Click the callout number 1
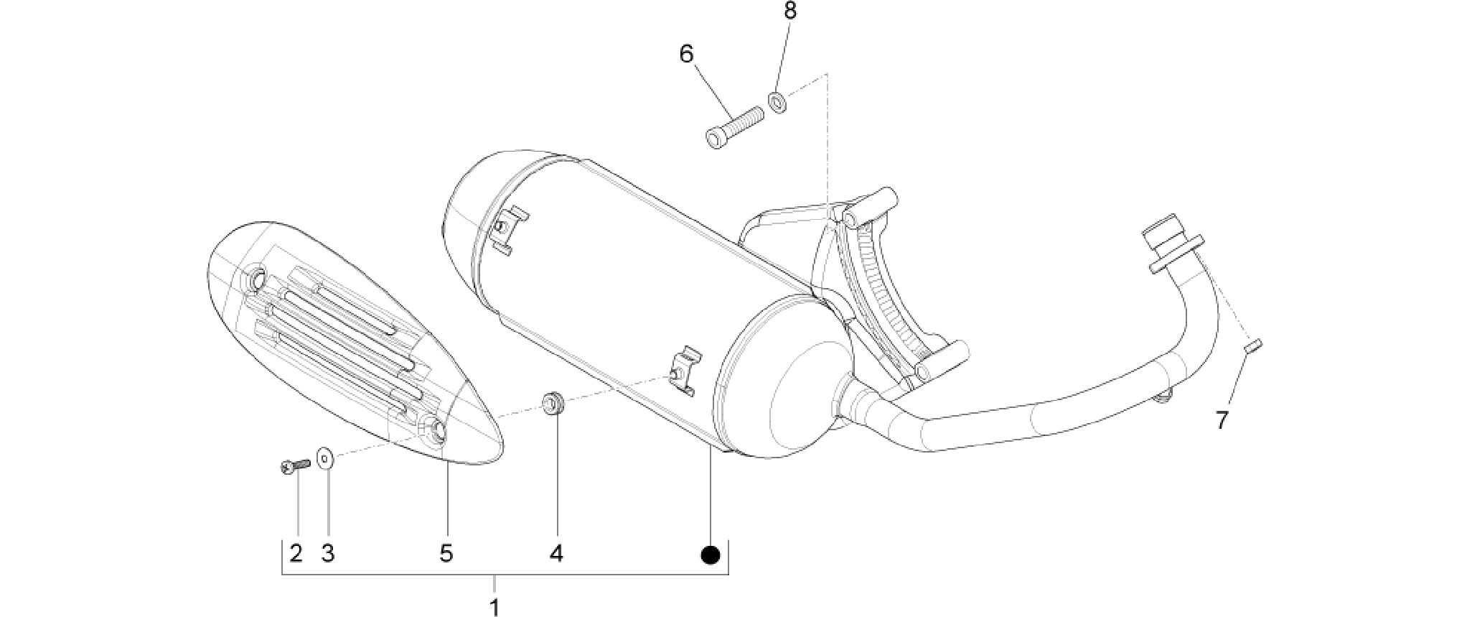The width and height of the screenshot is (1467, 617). (x=494, y=606)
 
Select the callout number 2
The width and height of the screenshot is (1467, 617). (x=296, y=553)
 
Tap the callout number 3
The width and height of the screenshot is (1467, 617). (x=327, y=553)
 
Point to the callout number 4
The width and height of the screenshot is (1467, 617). (x=556, y=553)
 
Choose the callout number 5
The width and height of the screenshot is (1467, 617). (x=446, y=553)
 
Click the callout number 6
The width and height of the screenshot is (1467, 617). (x=687, y=54)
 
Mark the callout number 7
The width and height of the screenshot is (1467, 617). (x=1222, y=419)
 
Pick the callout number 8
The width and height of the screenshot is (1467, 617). (x=789, y=11)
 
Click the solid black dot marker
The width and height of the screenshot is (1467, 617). (x=710, y=555)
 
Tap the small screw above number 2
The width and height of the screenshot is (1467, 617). (x=294, y=466)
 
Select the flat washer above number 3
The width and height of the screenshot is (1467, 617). (x=327, y=455)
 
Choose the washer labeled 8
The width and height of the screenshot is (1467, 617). (x=777, y=102)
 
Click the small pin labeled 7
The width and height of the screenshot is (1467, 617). (x=1253, y=345)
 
